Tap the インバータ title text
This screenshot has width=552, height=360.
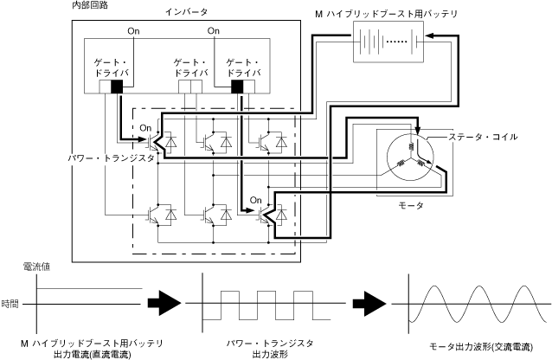tap(186, 12)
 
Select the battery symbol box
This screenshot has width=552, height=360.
tap(388, 42)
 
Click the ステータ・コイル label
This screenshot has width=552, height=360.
tap(483, 137)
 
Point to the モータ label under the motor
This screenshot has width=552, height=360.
tap(411, 205)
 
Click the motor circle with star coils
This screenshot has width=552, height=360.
tap(410, 157)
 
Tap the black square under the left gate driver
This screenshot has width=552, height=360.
tap(117, 87)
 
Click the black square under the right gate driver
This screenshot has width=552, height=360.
tap(237, 87)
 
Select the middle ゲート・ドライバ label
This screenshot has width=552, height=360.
tap(191, 68)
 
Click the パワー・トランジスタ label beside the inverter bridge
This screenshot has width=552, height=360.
tap(112, 158)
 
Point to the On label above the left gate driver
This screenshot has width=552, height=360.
tap(133, 31)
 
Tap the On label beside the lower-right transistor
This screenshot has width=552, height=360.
tap(256, 200)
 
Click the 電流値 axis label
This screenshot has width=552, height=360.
tap(36, 267)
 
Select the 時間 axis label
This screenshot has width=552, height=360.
tap(10, 304)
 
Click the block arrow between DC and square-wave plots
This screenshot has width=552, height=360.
tap(164, 303)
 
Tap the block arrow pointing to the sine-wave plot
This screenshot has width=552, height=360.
tap(369, 303)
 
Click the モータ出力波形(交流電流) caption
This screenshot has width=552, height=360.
tap(481, 347)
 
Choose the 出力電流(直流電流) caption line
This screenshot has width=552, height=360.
tap(92, 354)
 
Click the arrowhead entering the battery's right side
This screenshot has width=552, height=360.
tap(429, 35)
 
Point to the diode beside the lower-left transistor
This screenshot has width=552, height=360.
tap(171, 214)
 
